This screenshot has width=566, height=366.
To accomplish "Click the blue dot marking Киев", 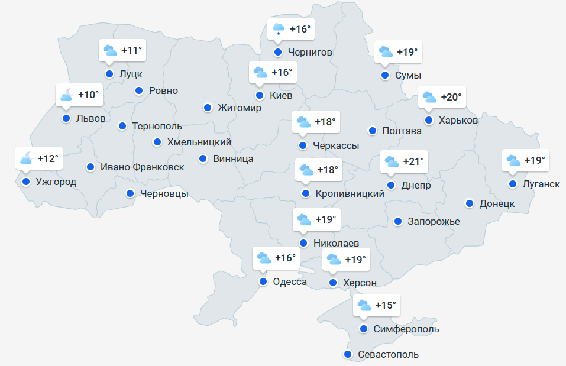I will (x=260, y=95).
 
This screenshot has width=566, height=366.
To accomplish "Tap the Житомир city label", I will (x=239, y=108).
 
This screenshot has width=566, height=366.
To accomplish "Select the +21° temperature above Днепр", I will (x=414, y=161).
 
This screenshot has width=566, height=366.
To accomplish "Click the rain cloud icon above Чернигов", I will (x=277, y=29).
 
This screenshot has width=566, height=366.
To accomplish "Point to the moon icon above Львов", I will (x=66, y=95).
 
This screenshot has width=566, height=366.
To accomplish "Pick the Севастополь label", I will (x=388, y=355).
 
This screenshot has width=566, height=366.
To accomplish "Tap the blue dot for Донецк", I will (x=469, y=203).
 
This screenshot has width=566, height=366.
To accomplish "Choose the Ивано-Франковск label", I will (x=142, y=167).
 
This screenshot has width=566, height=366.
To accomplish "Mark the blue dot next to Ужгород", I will (x=25, y=182).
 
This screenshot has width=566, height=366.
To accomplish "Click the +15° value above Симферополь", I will (x=385, y=306).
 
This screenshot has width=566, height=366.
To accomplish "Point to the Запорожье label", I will (x=434, y=222).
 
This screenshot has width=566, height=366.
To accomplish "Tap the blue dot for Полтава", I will (x=373, y=131).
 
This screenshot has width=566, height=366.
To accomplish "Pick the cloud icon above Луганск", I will (x=513, y=160).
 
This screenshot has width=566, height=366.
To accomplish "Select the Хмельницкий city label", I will (x=199, y=142).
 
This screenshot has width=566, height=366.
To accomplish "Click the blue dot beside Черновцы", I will (x=130, y=193).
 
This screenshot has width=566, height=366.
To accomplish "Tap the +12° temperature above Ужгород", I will (x=48, y=158).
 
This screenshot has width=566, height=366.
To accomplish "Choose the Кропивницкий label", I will (x=350, y=193).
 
